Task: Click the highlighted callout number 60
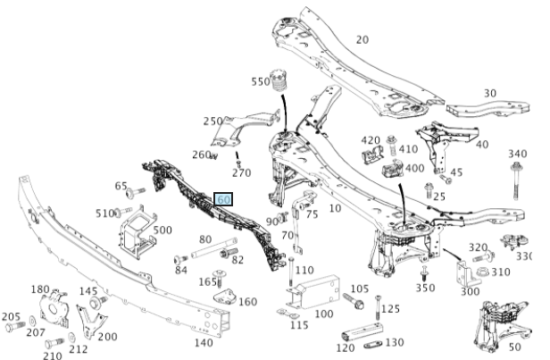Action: pyautogui.click(x=223, y=199)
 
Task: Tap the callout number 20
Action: pyautogui.click(x=362, y=39)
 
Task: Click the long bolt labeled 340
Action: pyautogui.click(x=516, y=183)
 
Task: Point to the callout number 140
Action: pyautogui.click(x=204, y=342)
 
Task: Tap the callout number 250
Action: pyautogui.click(x=212, y=121)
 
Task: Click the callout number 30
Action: pyautogui.click(x=490, y=93)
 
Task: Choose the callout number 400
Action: pyautogui.click(x=415, y=167)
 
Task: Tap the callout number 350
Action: pyautogui.click(x=426, y=288)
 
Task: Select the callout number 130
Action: pyautogui.click(x=394, y=342)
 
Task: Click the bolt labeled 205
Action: pyautogui.click(x=12, y=329)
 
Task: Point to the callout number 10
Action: pyautogui.click(x=336, y=207)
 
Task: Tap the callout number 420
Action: pyautogui.click(x=371, y=140)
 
